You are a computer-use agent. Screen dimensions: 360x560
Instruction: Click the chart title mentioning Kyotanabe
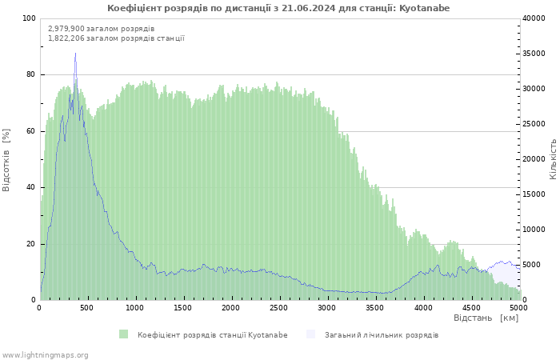coord(278,8)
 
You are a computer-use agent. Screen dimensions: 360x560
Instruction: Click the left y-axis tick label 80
coord(31,74)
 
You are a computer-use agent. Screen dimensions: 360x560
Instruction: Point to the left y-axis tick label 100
coord(29,18)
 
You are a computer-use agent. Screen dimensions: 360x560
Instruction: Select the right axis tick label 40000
coord(534,18)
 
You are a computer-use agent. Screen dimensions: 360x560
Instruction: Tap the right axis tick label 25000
coord(534,124)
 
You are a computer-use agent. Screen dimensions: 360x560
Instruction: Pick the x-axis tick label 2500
coord(278,308)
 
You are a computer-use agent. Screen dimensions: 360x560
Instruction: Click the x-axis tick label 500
coord(87,308)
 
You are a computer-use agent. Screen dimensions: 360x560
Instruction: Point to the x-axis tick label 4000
coord(422,308)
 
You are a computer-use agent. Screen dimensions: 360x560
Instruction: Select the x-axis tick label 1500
coord(183,308)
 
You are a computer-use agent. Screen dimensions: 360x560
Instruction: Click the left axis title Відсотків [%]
coord(7,159)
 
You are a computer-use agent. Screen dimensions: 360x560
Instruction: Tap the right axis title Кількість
coord(553,158)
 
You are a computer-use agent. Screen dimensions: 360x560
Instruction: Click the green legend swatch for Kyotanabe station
coord(123,334)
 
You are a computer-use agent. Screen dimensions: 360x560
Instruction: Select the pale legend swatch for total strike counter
coord(310,334)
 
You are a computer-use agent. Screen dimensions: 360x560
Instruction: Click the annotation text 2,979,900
coord(67,29)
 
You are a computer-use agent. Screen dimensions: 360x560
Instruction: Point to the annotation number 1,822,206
coord(67,38)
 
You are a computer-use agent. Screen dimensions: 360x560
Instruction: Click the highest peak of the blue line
coord(75,54)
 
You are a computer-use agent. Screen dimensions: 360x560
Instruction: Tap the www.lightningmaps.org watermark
coord(45,355)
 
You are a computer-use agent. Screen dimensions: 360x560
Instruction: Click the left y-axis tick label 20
coord(31,244)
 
